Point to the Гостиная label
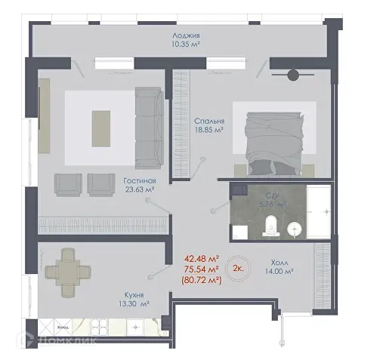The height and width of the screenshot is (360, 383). pos(140,181)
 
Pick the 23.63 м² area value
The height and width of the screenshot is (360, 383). pos(141,190)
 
